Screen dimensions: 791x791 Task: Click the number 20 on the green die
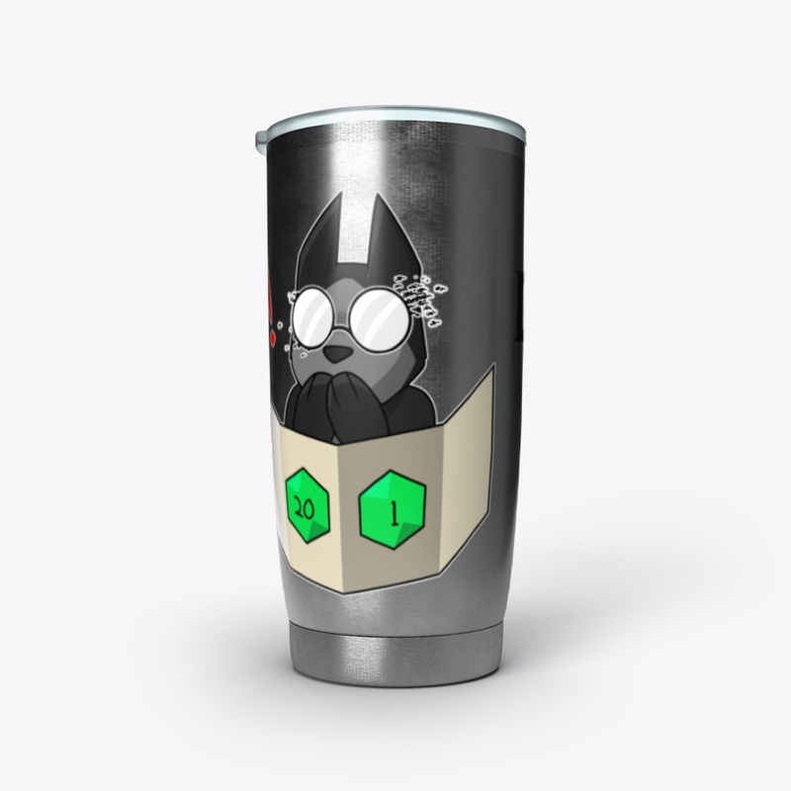(x=304, y=510)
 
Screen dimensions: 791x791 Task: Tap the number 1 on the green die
(x=394, y=514)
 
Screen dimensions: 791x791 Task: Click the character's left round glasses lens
(x=315, y=317)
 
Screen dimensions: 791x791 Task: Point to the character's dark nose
(x=333, y=355)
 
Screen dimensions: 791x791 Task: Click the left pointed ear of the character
(x=322, y=237)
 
